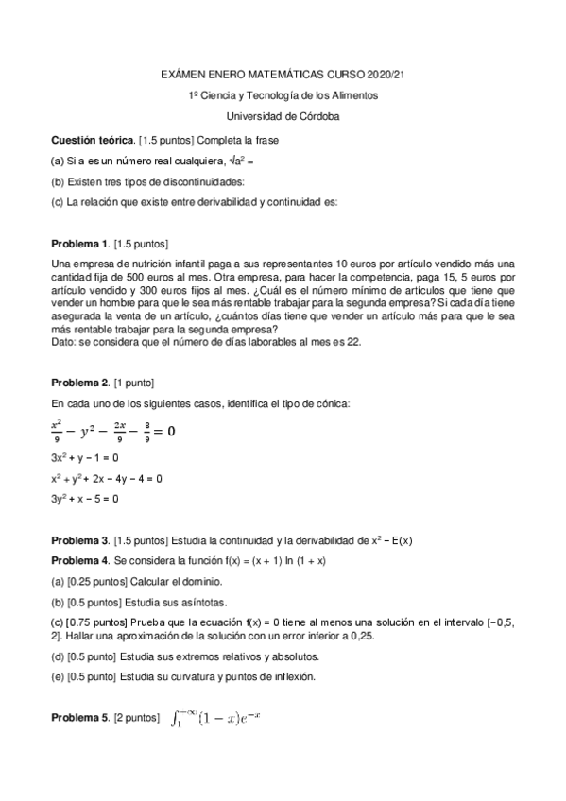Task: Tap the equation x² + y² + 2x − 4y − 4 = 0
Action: [x=107, y=478]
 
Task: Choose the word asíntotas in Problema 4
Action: [x=203, y=602]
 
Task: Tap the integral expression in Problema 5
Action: [x=217, y=720]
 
